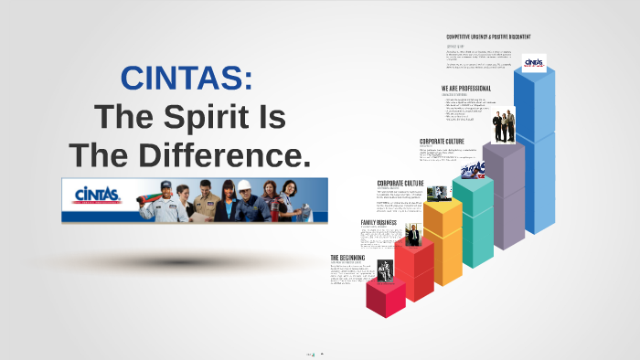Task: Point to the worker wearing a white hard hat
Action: coord(246,199)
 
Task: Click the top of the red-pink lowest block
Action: coord(385,286)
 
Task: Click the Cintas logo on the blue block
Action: coord(533,62)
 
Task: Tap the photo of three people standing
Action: coord(506,126)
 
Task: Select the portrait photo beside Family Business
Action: coord(411,234)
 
